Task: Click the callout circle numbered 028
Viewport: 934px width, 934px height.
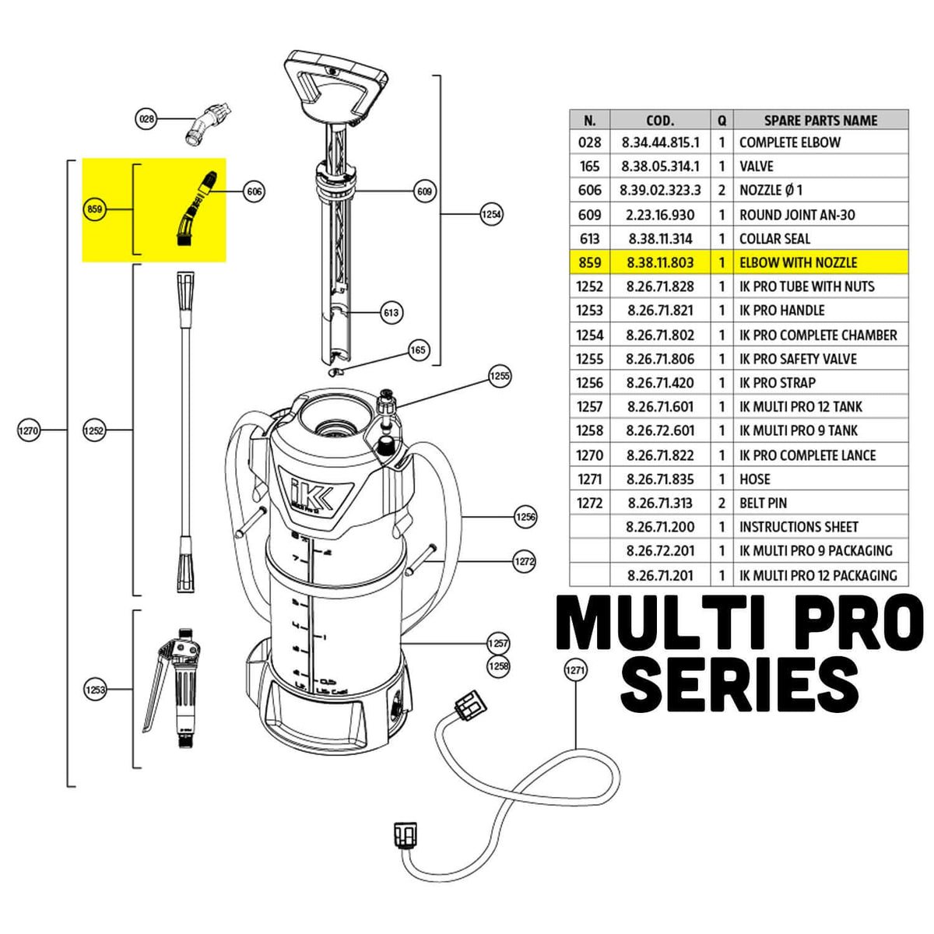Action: [146, 119]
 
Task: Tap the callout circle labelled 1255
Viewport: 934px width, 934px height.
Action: [500, 376]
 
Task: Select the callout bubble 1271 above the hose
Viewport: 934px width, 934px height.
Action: [574, 669]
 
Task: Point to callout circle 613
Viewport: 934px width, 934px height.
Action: [391, 313]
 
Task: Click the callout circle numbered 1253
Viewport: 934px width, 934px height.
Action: [95, 690]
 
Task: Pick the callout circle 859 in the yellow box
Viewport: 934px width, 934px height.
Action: [95, 209]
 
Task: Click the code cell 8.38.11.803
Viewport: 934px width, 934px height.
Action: [660, 262]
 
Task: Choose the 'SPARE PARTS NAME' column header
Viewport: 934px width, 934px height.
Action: [820, 121]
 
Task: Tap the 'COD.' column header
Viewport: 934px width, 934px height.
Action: [660, 121]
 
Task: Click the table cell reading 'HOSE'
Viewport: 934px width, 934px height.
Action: [755, 479]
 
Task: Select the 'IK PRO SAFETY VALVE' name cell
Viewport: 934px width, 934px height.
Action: [798, 359]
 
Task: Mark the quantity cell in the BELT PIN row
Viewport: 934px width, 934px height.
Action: [722, 504]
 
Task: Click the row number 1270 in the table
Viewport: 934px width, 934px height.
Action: [590, 455]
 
